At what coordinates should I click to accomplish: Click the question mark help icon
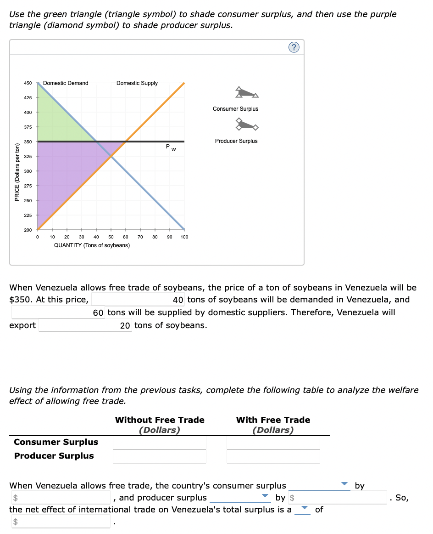point(294,47)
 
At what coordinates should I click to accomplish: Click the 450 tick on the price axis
point(28,83)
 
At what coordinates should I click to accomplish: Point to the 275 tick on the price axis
point(28,186)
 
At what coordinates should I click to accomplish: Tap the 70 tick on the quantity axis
point(140,237)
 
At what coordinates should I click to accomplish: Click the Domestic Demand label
point(66,83)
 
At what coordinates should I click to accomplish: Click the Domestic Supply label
point(137,83)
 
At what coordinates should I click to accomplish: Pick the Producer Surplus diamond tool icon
point(247,124)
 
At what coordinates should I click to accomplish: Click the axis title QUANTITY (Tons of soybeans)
point(92,245)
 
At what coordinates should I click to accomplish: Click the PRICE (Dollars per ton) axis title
point(17,172)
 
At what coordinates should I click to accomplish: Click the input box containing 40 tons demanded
point(139,300)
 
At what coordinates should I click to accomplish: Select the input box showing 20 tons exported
point(85,325)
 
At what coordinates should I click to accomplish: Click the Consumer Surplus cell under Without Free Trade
point(160,443)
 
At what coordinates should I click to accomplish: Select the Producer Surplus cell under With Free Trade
point(273,456)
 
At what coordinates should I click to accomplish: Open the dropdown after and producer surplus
point(240,497)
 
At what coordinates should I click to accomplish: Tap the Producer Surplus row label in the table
point(54,456)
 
